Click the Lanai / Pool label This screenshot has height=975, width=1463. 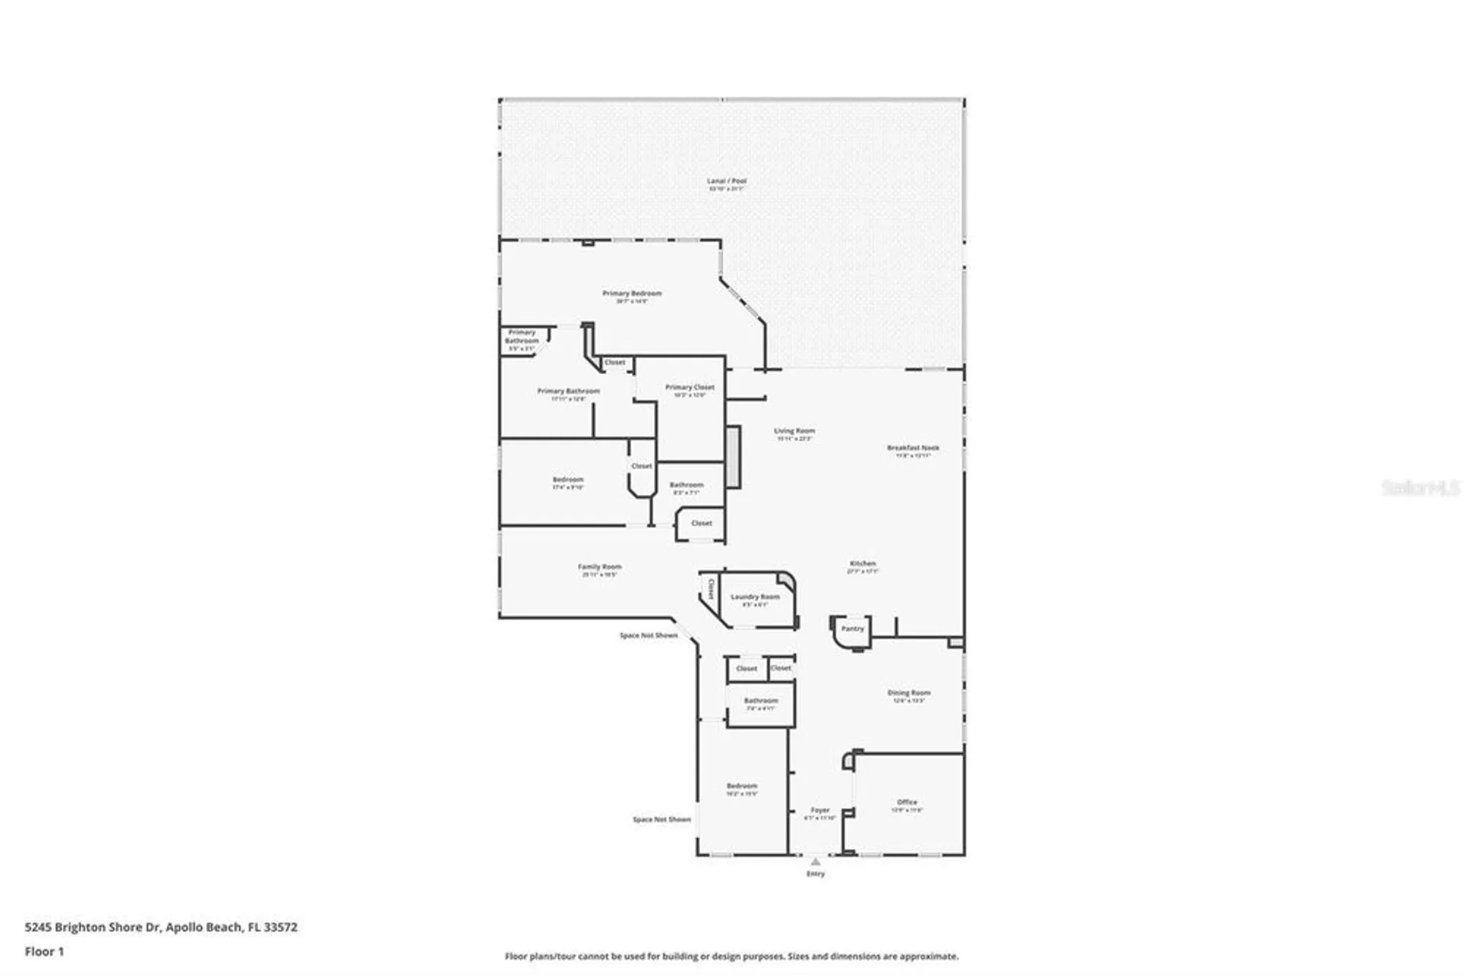pyautogui.click(x=726, y=181)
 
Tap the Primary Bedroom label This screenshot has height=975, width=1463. pyautogui.click(x=632, y=294)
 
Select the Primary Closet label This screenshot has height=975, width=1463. pyautogui.click(x=689, y=387)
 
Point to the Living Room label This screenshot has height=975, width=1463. pyautogui.click(x=794, y=431)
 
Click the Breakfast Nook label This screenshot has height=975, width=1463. pyautogui.click(x=913, y=448)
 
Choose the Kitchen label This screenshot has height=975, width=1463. pyautogui.click(x=862, y=564)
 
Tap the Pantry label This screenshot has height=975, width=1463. pyautogui.click(x=852, y=629)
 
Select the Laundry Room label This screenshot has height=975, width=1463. pyautogui.click(x=755, y=597)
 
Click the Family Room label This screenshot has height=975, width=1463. pyautogui.click(x=600, y=567)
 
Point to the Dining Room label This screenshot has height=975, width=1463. pyautogui.click(x=909, y=692)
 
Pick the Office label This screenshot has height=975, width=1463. pyautogui.click(x=907, y=802)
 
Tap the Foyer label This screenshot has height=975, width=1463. pyautogui.click(x=820, y=810)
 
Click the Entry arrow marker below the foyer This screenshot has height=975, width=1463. pyautogui.click(x=816, y=862)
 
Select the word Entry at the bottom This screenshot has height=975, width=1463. pyautogui.click(x=816, y=873)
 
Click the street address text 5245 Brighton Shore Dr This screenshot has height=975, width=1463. pyautogui.click(x=92, y=927)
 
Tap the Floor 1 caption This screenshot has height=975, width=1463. pyautogui.click(x=45, y=952)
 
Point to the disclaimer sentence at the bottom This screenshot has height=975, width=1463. pyautogui.click(x=731, y=956)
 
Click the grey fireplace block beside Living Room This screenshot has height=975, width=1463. pyautogui.click(x=733, y=457)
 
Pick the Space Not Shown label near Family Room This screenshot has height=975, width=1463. pyautogui.click(x=648, y=635)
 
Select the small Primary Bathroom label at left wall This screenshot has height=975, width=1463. pyautogui.click(x=522, y=337)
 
